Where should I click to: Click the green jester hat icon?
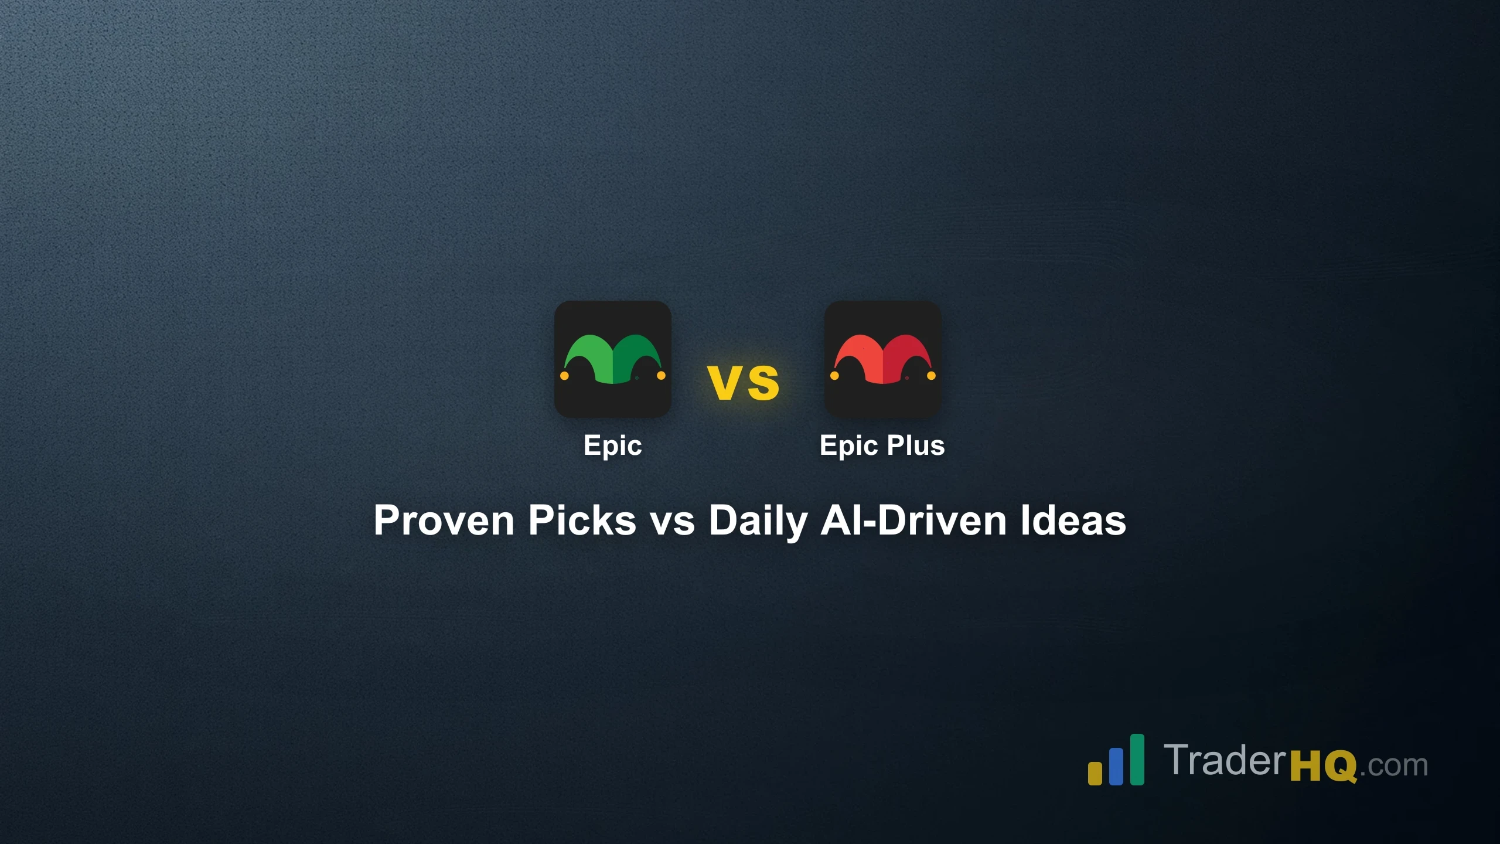pyautogui.click(x=612, y=359)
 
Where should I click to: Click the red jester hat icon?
pyautogui.click(x=882, y=359)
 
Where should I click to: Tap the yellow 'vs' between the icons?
pyautogui.click(x=743, y=383)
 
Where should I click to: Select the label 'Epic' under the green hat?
pyautogui.click(x=612, y=445)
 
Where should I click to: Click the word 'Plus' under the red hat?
pyautogui.click(x=915, y=445)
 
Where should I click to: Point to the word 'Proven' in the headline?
pyautogui.click(x=444, y=520)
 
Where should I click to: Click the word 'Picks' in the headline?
pyautogui.click(x=582, y=520)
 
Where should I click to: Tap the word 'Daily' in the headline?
pyautogui.click(x=758, y=520)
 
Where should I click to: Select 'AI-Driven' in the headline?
pyautogui.click(x=913, y=520)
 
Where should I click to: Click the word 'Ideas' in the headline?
pyautogui.click(x=1073, y=520)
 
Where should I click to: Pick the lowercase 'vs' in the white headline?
pyautogui.click(x=673, y=520)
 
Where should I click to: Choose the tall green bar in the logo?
pyautogui.click(x=1137, y=759)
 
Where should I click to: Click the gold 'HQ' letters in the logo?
pyautogui.click(x=1324, y=765)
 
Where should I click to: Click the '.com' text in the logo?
pyautogui.click(x=1393, y=765)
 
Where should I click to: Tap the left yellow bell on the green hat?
pyautogui.click(x=564, y=376)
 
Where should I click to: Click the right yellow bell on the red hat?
pyautogui.click(x=931, y=376)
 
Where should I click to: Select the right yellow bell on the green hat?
pyautogui.click(x=661, y=376)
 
